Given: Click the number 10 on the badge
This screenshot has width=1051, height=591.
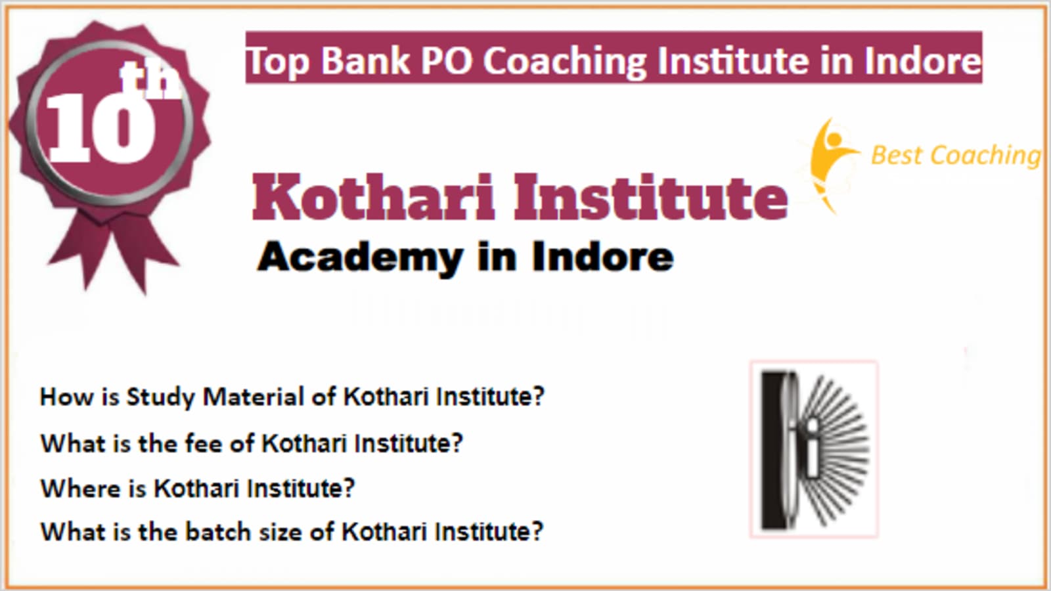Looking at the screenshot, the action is (101, 127).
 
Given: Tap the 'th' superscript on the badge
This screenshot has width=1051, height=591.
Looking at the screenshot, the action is (150, 79).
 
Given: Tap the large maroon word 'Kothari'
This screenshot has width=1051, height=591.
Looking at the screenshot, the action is (374, 197).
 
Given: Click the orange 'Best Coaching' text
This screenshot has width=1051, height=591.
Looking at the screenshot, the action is (956, 155).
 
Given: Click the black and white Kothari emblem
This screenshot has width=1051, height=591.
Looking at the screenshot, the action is (814, 449).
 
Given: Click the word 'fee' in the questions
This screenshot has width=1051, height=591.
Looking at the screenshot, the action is (204, 443).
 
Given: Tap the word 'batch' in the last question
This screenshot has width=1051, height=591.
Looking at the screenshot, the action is (218, 531).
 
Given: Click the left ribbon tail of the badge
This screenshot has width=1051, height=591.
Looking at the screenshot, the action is (82, 249).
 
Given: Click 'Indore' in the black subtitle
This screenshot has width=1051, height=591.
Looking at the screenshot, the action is (603, 257).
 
